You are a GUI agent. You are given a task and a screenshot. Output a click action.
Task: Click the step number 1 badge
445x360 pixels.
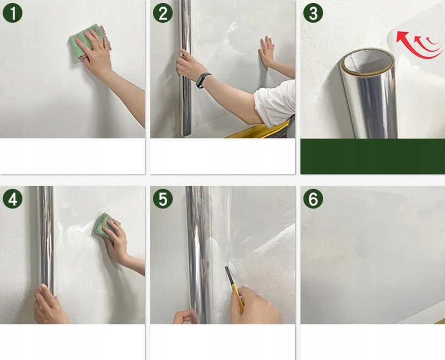click(13, 13)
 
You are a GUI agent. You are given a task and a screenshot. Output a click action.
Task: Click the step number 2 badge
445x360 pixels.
click(163, 13)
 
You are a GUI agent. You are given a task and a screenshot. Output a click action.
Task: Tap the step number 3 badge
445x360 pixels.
click(313, 13)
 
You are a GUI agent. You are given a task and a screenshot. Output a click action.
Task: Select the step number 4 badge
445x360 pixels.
click(13, 199)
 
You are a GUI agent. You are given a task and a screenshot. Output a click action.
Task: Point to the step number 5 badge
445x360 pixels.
click(163, 199)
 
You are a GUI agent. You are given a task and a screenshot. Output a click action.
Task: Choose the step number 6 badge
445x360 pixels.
click(313, 199)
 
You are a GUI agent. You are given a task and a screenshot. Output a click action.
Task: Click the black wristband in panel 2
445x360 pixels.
click(204, 80)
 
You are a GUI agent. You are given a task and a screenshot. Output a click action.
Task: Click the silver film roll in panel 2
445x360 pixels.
click(186, 68)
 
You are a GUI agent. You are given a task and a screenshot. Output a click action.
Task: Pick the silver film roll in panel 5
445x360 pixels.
click(199, 254)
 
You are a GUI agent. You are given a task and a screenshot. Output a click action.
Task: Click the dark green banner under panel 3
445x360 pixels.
click(372, 157)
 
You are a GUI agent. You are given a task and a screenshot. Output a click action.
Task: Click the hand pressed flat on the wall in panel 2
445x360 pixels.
click(266, 51)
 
